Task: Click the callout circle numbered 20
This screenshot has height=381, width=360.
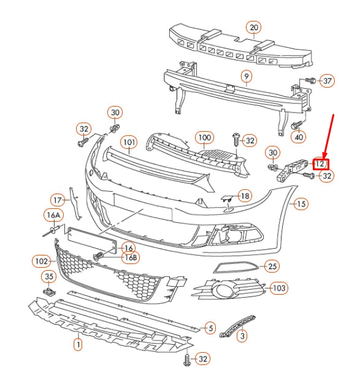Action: [x=253, y=27]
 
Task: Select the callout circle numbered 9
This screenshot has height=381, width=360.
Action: [x=246, y=77]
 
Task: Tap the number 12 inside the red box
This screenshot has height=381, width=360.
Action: [x=321, y=164]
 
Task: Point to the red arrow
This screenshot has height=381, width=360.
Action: [x=329, y=135]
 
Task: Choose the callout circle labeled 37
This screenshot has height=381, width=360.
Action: [x=327, y=81]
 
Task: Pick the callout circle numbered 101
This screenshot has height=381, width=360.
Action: [x=128, y=143]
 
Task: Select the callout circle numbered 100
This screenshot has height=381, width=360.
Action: [x=204, y=137]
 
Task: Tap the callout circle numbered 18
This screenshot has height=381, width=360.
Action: [x=244, y=195]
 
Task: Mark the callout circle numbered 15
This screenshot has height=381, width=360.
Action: [x=300, y=204]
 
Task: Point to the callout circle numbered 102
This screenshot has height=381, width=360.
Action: [x=40, y=261]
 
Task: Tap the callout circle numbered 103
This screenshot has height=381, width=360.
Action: [x=279, y=287]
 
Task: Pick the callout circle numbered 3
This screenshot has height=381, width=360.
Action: [x=242, y=336]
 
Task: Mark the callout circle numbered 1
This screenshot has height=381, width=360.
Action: [x=78, y=345]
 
